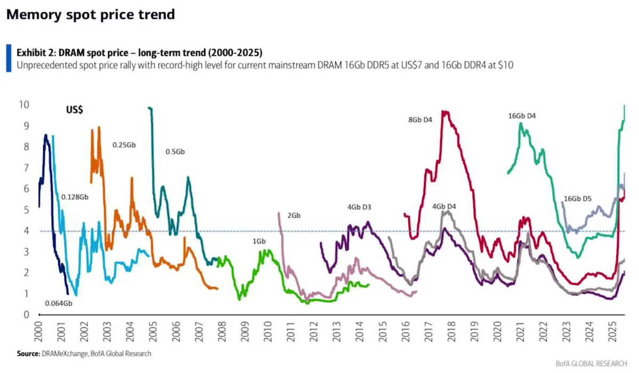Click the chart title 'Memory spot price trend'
point(90,14)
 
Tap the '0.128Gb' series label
point(74,197)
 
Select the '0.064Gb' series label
point(58,303)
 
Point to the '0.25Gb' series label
point(124,145)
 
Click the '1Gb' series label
point(259,242)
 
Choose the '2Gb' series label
point(294,216)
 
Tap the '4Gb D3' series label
point(359,207)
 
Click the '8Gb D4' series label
point(419,120)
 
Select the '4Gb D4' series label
point(444,206)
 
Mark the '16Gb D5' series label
point(577,199)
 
